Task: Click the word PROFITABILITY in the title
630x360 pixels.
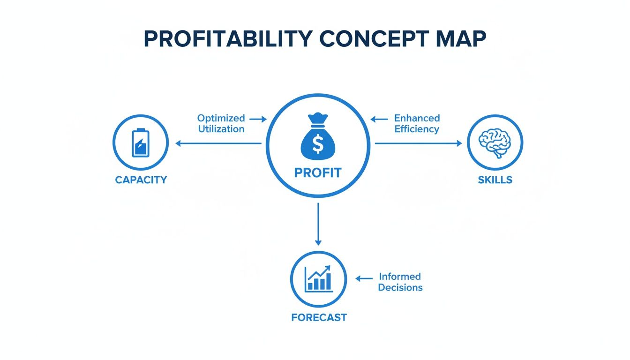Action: coord(227,40)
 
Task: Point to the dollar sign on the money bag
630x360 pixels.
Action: coord(318,144)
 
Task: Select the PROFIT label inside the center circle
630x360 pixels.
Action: coord(318,173)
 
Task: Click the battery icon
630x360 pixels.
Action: coord(140,142)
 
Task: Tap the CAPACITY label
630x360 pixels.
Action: coord(141,180)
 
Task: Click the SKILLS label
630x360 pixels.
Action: coord(495,180)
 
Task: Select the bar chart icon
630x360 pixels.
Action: coord(318,279)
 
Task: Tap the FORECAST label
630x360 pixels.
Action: coord(319,317)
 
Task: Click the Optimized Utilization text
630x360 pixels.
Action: coord(221,123)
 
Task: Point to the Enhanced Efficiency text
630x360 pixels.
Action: coord(417,123)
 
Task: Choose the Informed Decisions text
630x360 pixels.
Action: coord(400,282)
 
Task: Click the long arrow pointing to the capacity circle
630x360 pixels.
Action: coord(218,143)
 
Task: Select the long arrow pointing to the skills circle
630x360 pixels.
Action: coord(418,143)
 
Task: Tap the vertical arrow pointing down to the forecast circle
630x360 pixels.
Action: coord(318,224)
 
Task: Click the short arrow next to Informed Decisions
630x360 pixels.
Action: coord(364,278)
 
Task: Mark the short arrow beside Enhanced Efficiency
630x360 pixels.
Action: coord(379,119)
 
